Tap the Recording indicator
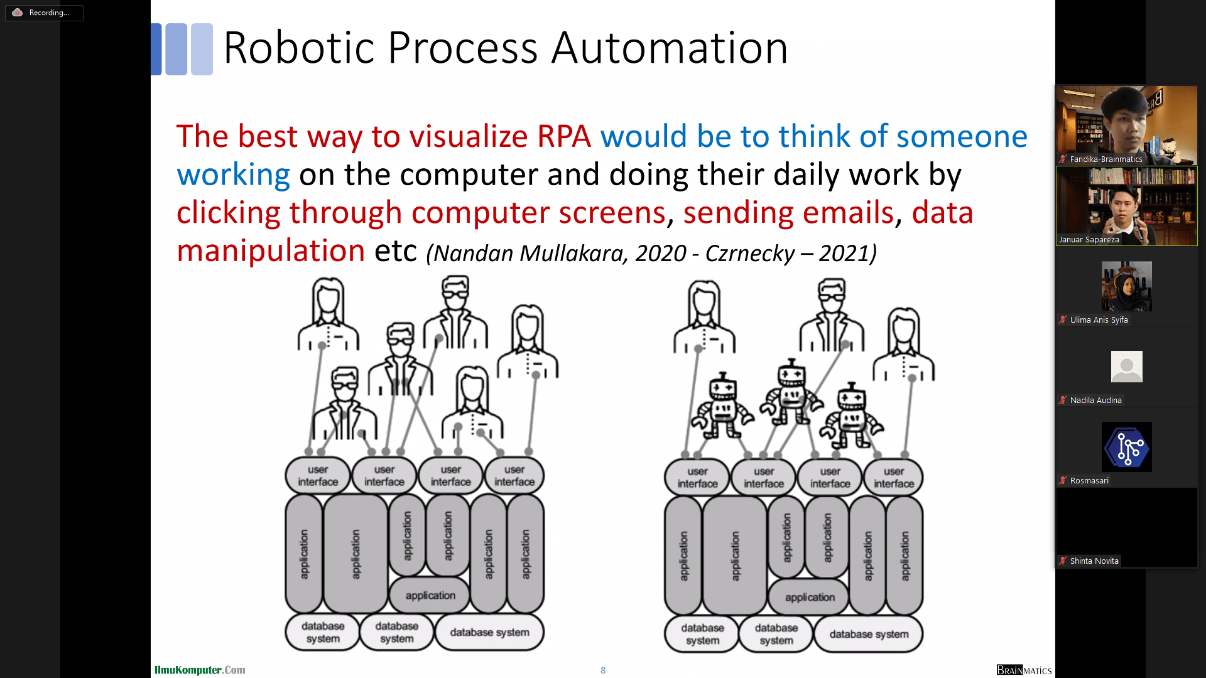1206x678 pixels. (x=44, y=13)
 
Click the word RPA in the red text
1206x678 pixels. (x=563, y=136)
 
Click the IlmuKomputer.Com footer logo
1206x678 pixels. (x=200, y=670)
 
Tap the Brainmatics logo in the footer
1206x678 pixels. (x=1024, y=670)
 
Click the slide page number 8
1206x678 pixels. (x=603, y=670)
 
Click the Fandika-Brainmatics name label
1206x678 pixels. (x=1105, y=159)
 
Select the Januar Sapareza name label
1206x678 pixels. (x=1089, y=240)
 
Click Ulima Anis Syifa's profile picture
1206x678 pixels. (x=1126, y=286)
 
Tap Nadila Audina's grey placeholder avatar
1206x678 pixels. (x=1126, y=367)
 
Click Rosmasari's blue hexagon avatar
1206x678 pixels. (x=1126, y=447)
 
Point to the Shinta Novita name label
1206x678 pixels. (x=1094, y=561)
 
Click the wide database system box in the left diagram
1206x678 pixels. (x=489, y=632)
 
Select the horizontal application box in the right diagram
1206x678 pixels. (x=810, y=598)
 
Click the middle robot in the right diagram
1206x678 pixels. (x=790, y=392)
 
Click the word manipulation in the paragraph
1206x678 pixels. (x=271, y=251)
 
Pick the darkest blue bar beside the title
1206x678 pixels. (x=156, y=49)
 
